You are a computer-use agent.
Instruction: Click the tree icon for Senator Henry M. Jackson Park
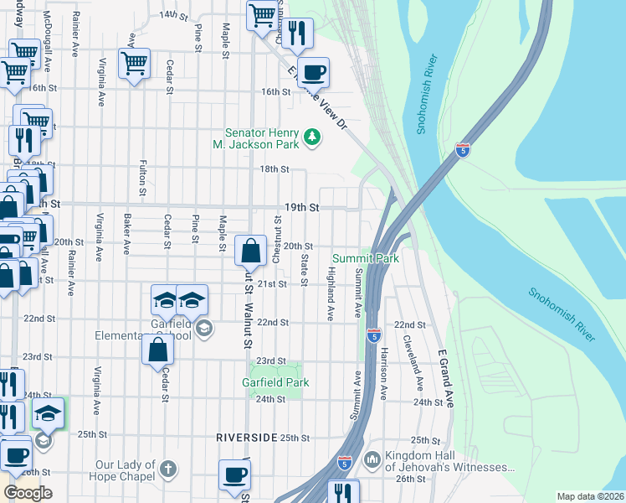[x=312, y=136]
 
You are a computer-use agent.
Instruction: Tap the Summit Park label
[x=366, y=259]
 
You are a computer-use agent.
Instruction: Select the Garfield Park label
[x=275, y=382]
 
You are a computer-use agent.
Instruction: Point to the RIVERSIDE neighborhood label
[x=246, y=438]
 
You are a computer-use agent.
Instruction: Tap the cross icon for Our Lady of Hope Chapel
[x=168, y=468]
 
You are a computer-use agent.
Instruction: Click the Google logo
[x=28, y=493]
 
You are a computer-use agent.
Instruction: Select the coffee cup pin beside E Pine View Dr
[x=313, y=72]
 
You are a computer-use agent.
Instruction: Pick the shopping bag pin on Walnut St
[x=251, y=249]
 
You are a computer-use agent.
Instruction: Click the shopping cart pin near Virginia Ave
[x=134, y=63]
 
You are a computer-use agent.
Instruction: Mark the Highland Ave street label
[x=331, y=294]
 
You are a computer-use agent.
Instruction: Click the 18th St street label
[x=274, y=169]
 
